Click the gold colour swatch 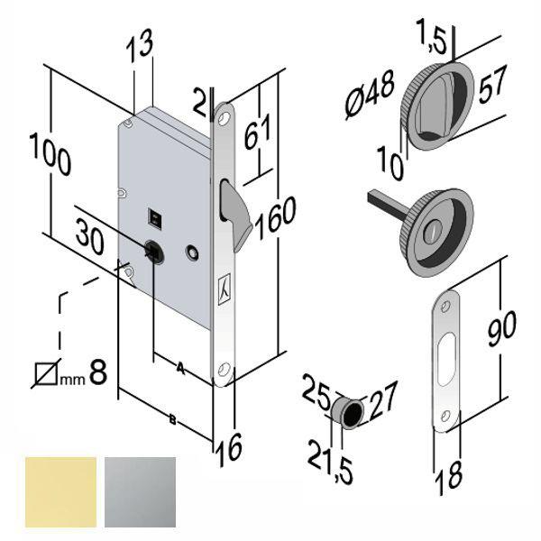pyautogui.click(x=60, y=491)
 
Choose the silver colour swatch pyautogui.click(x=141, y=491)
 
